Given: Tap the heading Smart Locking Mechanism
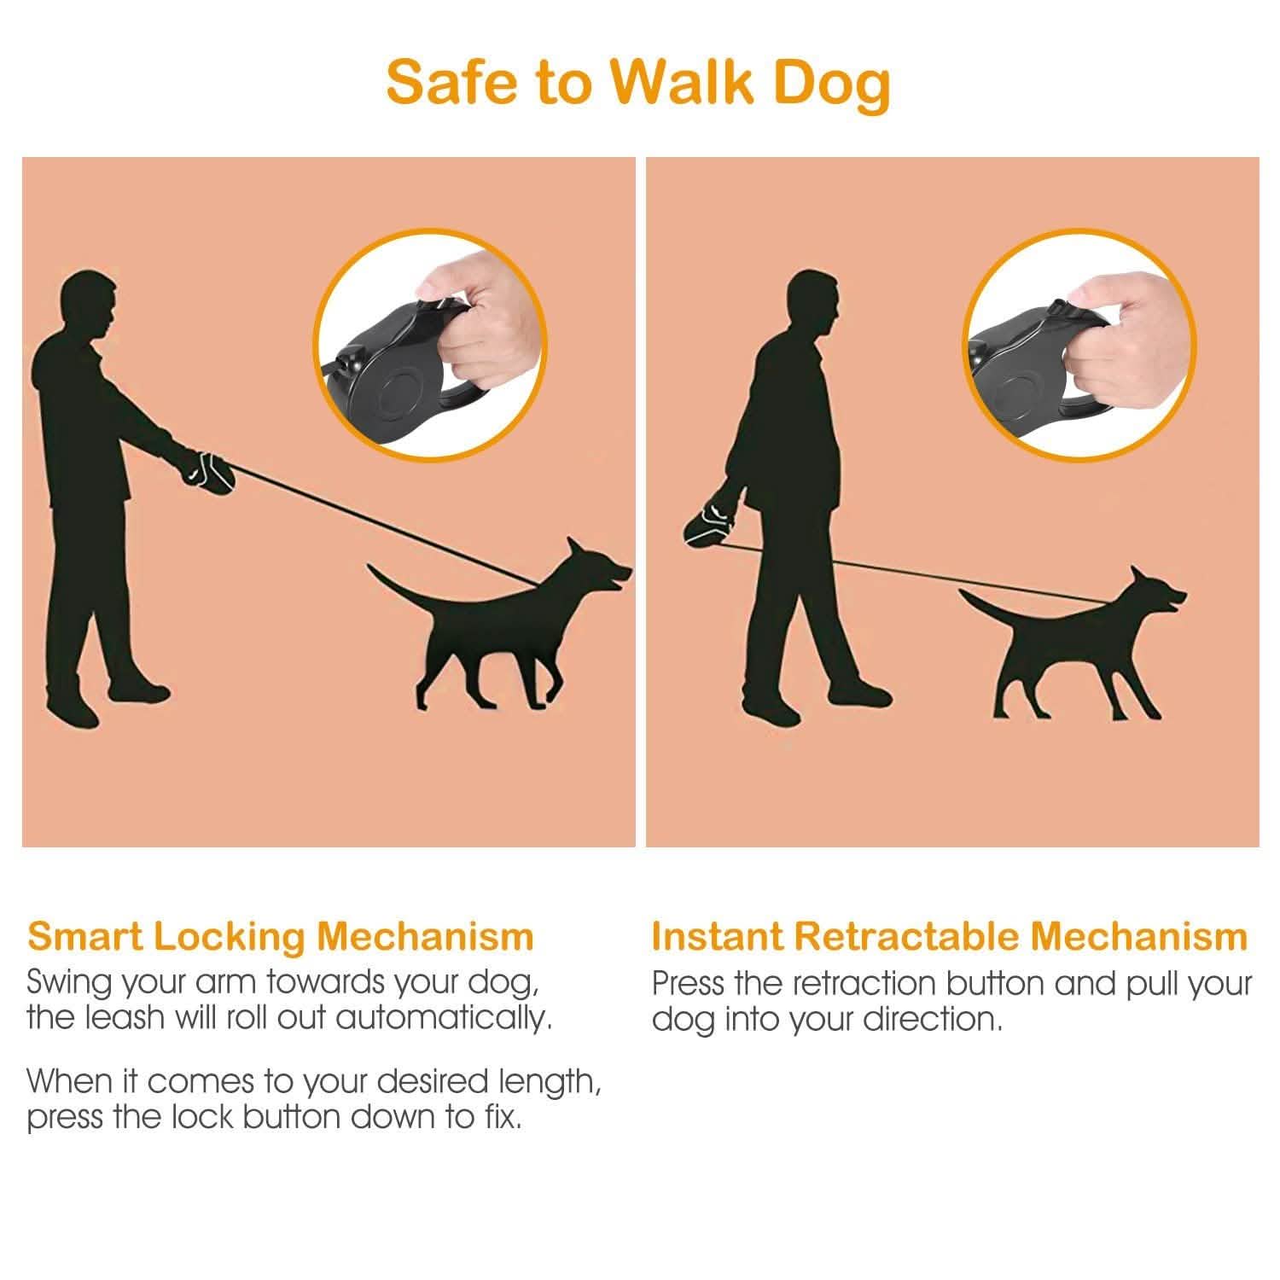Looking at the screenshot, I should tap(281, 936).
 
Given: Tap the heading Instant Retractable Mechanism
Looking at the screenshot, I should tap(949, 936).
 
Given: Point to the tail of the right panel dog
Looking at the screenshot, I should tap(981, 602).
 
